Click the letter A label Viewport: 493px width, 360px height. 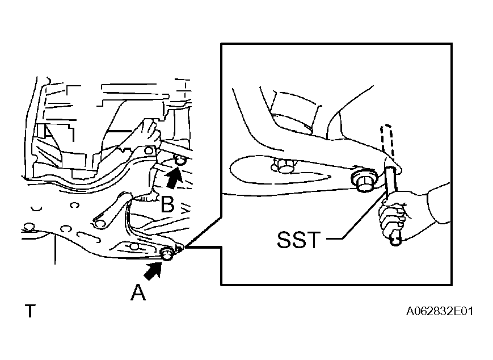138,292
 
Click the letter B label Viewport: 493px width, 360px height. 167,204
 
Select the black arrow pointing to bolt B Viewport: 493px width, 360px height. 174,178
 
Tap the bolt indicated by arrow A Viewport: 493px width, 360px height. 167,254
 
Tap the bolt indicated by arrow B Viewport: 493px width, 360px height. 180,160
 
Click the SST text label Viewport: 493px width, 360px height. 298,240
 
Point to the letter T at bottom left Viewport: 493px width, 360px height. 30,311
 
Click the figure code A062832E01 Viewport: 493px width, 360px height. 440,311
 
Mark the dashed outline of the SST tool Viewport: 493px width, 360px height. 387,141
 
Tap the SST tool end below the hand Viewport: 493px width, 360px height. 395,238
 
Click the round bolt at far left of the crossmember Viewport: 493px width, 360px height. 29,227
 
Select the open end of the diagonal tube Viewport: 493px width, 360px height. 100,223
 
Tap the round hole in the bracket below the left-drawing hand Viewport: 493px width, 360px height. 149,150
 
